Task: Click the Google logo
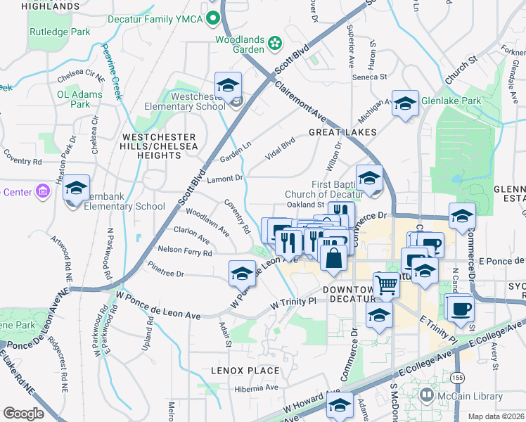click(23, 414)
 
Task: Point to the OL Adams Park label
click(73, 98)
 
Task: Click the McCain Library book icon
click(426, 396)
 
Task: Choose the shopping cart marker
click(386, 285)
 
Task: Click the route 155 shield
click(458, 378)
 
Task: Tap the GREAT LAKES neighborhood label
click(342, 132)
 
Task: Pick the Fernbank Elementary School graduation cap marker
click(76, 188)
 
